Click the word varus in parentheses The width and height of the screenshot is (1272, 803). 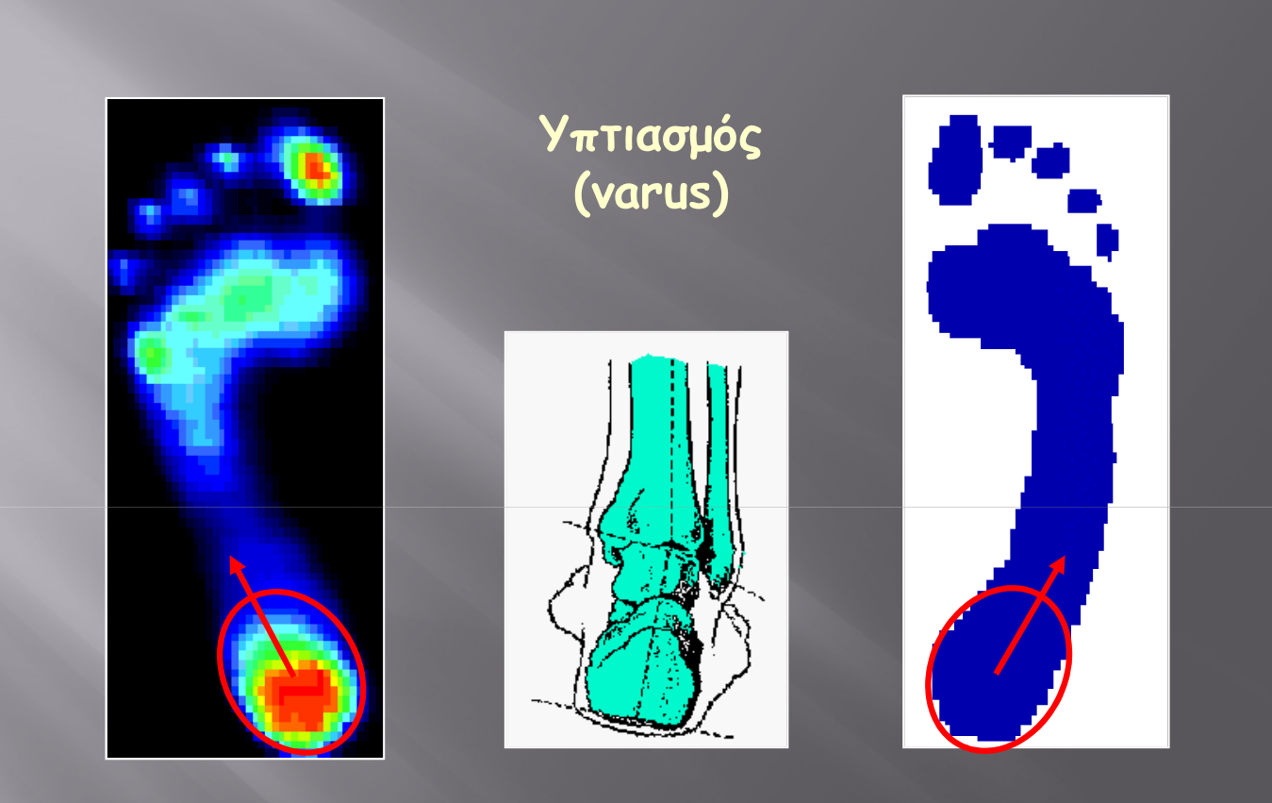[652, 193]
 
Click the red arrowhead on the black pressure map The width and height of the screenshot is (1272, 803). [237, 565]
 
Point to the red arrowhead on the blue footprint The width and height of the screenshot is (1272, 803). [1058, 565]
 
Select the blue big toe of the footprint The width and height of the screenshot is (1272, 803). [956, 159]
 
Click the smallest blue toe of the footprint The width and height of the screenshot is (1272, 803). [1107, 241]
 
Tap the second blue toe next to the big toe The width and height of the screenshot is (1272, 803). [1011, 142]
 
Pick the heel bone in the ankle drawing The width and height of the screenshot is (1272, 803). [643, 671]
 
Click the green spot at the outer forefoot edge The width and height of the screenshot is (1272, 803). [152, 354]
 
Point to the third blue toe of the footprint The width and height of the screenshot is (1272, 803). [1050, 160]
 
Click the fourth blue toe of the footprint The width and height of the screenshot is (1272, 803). [1084, 201]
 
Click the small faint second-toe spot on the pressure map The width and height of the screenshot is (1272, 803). [227, 159]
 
